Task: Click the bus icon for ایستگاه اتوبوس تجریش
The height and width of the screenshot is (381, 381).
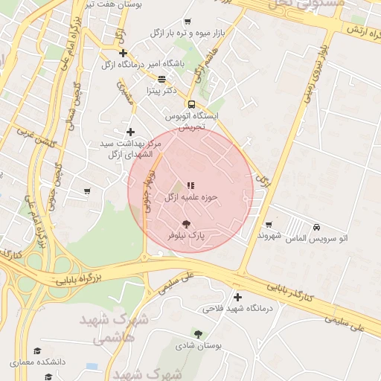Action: coord(191,104)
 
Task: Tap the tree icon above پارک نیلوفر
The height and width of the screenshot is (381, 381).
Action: coord(186,223)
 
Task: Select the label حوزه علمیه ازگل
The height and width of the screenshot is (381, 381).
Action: coord(190,197)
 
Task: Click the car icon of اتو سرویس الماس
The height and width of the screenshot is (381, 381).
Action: coord(317,227)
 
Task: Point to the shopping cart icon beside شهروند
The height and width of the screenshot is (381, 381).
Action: coord(269,224)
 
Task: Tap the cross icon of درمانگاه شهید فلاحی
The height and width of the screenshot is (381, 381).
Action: coord(237,297)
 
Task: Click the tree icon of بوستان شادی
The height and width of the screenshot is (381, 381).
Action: coord(198,334)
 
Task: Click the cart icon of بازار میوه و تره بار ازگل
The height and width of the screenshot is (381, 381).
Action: coord(187,22)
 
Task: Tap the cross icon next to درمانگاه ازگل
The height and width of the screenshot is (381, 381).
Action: coord(123,53)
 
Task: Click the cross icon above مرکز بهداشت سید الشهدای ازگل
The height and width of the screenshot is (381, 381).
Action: coord(131,132)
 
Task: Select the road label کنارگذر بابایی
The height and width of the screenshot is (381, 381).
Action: coord(298,297)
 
